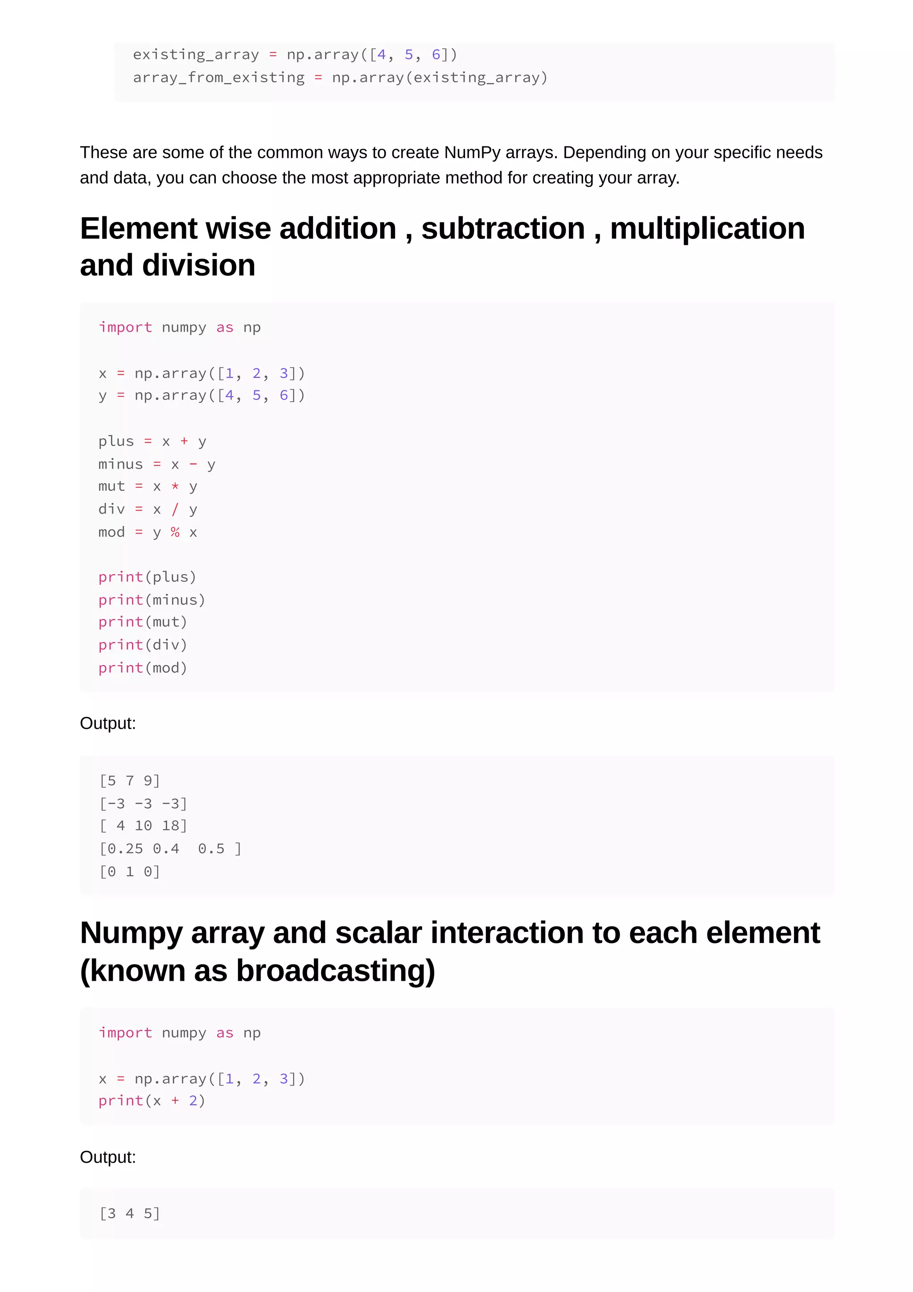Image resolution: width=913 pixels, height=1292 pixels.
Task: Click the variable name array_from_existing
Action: [x=218, y=78]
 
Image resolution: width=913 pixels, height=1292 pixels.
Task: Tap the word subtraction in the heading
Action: [x=503, y=229]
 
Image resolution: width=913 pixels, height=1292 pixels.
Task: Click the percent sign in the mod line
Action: [x=175, y=532]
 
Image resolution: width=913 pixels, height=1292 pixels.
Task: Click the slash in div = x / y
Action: [x=175, y=509]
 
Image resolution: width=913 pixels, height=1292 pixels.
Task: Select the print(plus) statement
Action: [x=147, y=577]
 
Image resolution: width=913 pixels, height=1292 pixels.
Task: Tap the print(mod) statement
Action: [x=142, y=668]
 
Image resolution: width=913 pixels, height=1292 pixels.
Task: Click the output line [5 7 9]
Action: [x=130, y=781]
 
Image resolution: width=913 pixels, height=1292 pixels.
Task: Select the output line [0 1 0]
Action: [x=130, y=872]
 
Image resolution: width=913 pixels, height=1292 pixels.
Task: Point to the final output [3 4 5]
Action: [x=130, y=1214]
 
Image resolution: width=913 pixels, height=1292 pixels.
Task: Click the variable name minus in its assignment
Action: [x=120, y=464]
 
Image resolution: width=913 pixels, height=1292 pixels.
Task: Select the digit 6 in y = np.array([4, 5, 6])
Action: [x=284, y=395]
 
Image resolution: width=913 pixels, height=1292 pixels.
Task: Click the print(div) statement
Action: [x=142, y=645]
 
